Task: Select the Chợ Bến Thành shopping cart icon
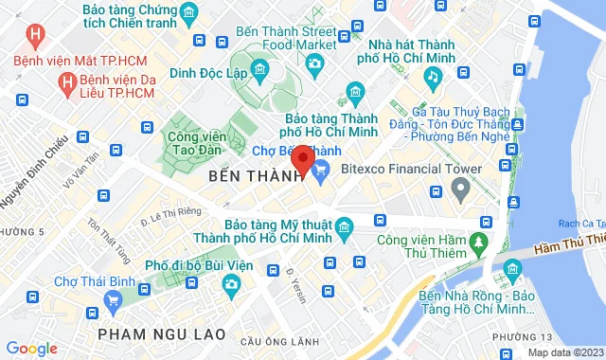320,170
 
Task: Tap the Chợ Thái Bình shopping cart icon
115,301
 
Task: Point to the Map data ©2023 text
564,352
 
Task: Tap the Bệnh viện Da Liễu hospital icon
67,83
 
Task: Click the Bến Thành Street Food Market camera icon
315,64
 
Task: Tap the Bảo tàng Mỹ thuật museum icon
343,228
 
